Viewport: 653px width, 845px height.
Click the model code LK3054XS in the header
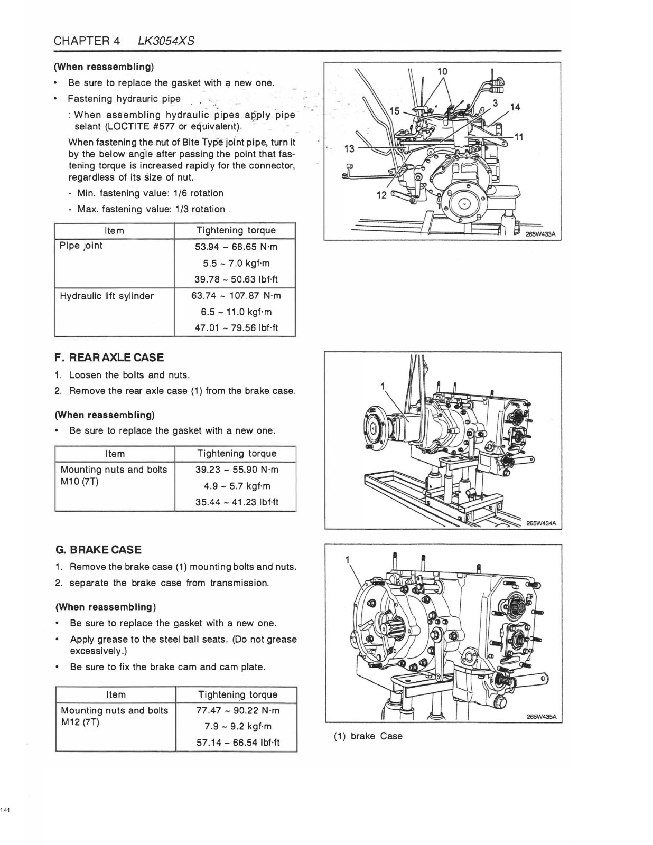[166, 41]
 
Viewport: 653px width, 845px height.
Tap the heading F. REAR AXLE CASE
[109, 358]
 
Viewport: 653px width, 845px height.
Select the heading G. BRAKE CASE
[99, 549]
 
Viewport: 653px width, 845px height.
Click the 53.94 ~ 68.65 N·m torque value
[236, 247]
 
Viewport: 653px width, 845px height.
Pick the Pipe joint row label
[81, 246]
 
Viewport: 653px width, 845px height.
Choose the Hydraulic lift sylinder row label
[107, 296]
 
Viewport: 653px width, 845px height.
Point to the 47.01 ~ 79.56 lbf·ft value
[237, 328]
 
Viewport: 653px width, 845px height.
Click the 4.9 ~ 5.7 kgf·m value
[237, 486]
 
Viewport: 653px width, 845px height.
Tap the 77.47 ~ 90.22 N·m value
[238, 711]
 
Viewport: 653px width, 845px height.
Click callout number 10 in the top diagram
[442, 71]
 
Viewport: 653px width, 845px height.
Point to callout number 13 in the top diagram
[349, 148]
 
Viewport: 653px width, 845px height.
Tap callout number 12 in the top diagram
[381, 195]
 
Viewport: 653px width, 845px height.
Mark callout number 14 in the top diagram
[515, 107]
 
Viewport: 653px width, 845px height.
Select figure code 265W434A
[542, 523]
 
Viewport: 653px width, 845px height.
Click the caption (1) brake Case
[368, 736]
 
